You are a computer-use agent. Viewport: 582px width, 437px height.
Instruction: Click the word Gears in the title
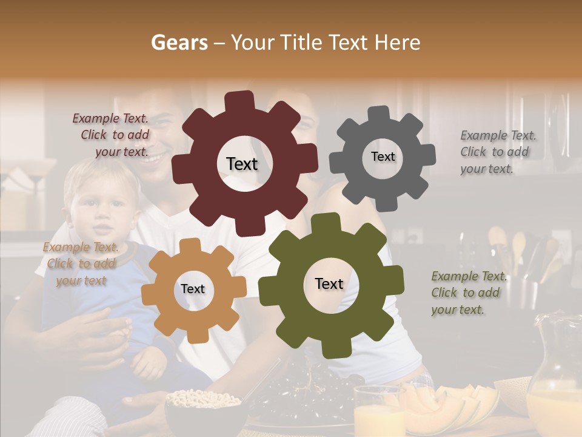(179, 42)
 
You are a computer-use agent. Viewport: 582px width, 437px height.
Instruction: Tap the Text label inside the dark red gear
(242, 164)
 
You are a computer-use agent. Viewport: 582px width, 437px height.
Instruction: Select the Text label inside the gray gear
(383, 157)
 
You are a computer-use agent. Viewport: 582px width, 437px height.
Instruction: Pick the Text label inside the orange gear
(192, 289)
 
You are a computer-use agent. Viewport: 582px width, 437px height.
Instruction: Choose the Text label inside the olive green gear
(329, 283)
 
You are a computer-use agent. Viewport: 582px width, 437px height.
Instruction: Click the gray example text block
(497, 152)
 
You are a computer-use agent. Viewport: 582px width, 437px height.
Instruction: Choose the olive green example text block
(468, 293)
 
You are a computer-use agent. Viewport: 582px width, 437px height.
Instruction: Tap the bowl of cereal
(203, 404)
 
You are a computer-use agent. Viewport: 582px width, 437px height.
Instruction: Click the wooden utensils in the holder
(515, 249)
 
